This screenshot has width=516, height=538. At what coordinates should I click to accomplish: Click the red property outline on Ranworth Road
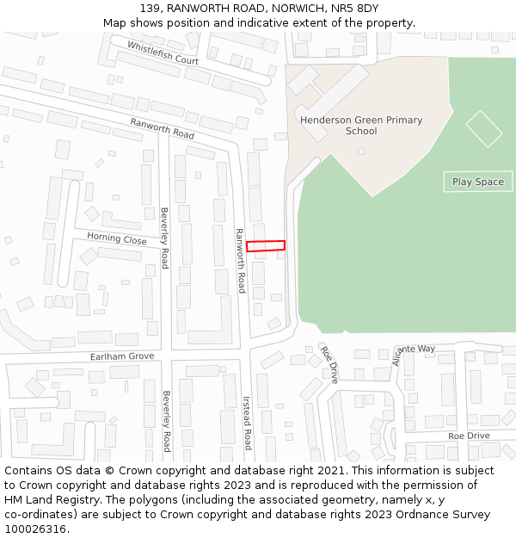(266, 246)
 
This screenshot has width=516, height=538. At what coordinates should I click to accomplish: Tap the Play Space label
(478, 182)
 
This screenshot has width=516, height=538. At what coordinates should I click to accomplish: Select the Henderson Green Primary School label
(361, 126)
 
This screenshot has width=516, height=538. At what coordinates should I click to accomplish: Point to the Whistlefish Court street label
(163, 53)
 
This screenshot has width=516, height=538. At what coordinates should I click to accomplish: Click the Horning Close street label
(117, 240)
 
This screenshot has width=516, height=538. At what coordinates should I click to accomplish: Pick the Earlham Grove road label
(122, 356)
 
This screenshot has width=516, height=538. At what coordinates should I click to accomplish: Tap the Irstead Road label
(247, 423)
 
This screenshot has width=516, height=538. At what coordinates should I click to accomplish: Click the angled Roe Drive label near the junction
(329, 364)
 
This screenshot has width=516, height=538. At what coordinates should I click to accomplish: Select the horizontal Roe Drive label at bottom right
(469, 436)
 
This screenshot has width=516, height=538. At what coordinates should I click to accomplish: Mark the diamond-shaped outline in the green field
(483, 128)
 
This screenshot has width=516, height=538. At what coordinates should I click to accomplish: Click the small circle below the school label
(361, 152)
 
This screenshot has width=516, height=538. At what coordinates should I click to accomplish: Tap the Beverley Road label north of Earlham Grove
(164, 238)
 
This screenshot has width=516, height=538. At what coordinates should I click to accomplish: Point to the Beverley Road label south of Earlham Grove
(167, 421)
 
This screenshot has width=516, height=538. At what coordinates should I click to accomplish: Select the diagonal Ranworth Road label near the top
(163, 128)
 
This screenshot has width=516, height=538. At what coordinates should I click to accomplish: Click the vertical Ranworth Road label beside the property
(241, 260)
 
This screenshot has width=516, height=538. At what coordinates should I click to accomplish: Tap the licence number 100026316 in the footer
(35, 529)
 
